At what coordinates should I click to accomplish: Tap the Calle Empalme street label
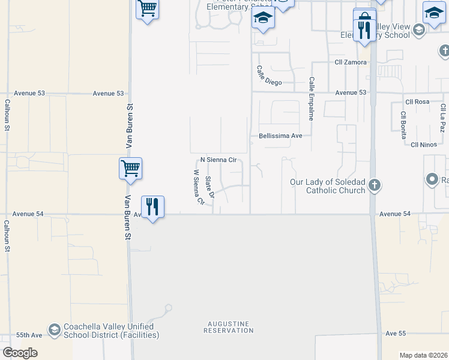coord(312,98)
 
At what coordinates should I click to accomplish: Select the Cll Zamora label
coord(351,62)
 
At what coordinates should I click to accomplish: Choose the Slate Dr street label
coord(209,187)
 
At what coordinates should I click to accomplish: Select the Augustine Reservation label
coord(228,327)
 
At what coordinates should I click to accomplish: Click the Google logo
coord(20,353)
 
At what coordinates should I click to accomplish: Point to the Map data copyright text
coord(424,355)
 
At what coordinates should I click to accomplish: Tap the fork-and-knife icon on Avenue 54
coord(152,206)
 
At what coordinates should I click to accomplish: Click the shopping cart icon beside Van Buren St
coord(130,168)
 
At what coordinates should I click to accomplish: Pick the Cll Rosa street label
coord(417,102)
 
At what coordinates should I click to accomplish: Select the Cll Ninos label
coord(423,145)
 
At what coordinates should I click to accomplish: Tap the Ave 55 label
coord(396,333)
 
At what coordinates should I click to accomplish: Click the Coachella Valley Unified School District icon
coord(55,331)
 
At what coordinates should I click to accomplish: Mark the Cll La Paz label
coord(442,118)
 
